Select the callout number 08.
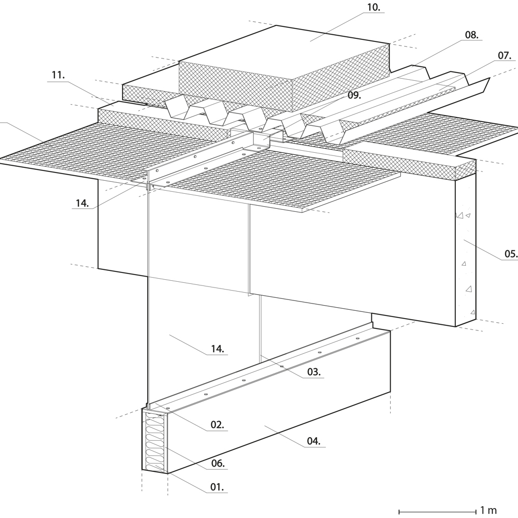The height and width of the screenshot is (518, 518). click(x=471, y=35)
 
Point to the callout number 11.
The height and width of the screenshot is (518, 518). click(x=58, y=75)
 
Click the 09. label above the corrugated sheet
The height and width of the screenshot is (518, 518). click(x=354, y=95)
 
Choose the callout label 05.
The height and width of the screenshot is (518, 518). click(x=510, y=253)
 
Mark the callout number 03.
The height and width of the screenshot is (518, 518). click(x=313, y=371)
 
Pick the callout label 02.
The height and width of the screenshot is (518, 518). click(x=217, y=425)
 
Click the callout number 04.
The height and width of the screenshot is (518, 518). click(x=313, y=441)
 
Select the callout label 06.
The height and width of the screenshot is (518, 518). click(x=218, y=464)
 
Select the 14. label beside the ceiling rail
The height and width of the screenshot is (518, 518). click(x=81, y=204)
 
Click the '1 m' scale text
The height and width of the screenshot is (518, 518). click(x=488, y=510)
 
